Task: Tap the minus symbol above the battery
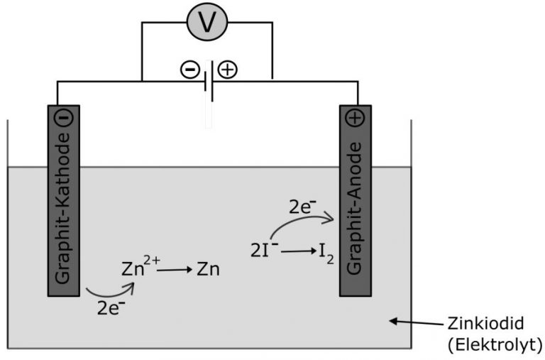(x=190, y=69)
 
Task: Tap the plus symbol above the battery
(x=228, y=69)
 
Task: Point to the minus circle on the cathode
(x=63, y=119)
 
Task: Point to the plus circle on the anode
(x=356, y=119)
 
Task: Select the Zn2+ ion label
(x=141, y=268)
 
